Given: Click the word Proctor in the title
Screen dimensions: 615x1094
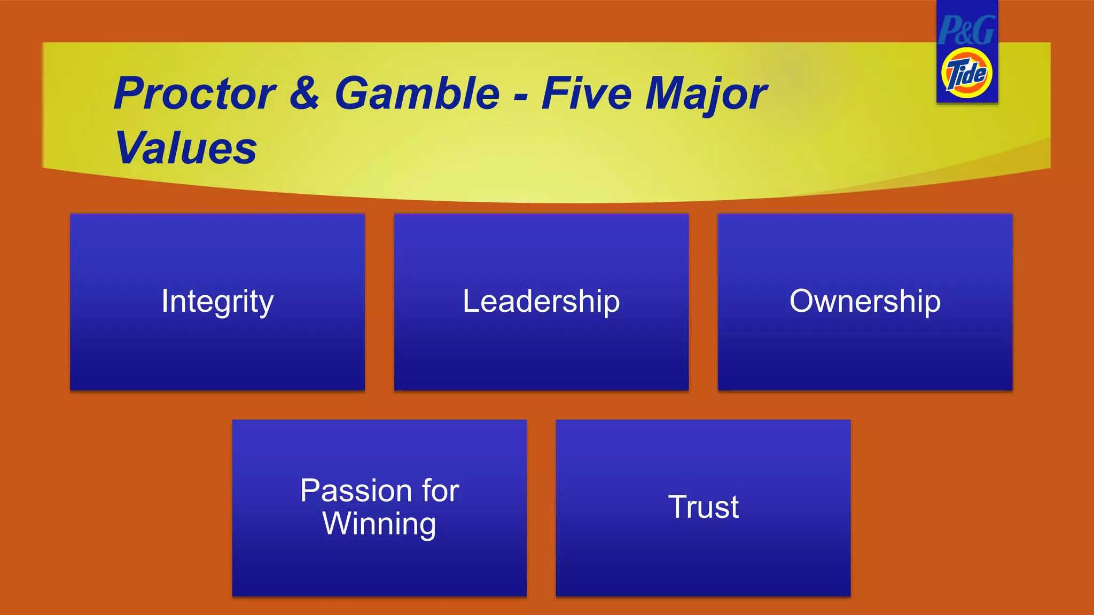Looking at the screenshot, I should [x=194, y=94].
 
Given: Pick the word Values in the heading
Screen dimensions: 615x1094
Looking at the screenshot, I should [x=186, y=148].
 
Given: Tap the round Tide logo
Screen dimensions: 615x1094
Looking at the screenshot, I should [x=967, y=73].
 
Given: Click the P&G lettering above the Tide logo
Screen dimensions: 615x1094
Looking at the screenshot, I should [x=967, y=30].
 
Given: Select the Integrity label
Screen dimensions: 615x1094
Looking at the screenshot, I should [x=217, y=301].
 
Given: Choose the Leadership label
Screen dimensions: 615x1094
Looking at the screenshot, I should [x=541, y=301].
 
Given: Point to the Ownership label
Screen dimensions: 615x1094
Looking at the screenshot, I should [x=865, y=301].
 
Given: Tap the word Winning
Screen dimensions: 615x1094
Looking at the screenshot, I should [x=379, y=524].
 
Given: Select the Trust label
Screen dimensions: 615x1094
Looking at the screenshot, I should [x=703, y=507].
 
